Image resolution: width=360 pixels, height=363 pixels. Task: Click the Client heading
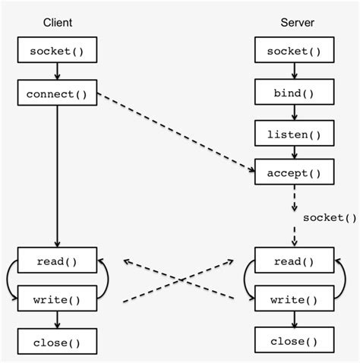tap(58, 23)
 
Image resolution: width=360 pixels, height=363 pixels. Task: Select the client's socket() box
tap(58, 51)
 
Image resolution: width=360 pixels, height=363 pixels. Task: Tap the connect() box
tap(58, 95)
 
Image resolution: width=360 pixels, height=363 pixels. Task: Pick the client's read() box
tap(58, 260)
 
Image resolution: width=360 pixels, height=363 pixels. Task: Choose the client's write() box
tap(58, 299)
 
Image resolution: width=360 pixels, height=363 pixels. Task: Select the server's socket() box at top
tap(293, 51)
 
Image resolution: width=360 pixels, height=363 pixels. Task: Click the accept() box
tap(293, 172)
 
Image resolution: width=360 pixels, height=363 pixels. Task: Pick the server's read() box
tap(293, 260)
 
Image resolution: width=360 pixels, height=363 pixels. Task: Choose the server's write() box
tap(293, 299)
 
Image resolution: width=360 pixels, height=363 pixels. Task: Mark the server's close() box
tap(293, 341)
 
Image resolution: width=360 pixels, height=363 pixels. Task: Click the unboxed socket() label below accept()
tap(329, 218)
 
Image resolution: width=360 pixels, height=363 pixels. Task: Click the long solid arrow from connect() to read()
tap(58, 175)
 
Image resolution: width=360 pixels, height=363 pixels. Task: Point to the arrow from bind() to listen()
tap(293, 114)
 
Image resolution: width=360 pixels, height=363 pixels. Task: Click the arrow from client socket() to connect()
tap(58, 72)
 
